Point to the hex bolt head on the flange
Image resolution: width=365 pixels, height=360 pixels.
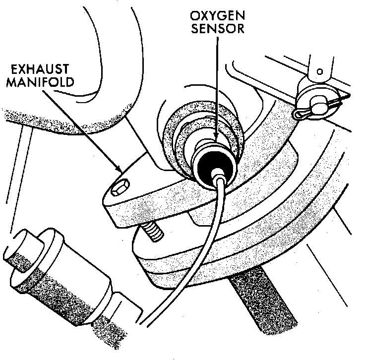tap(119, 189)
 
